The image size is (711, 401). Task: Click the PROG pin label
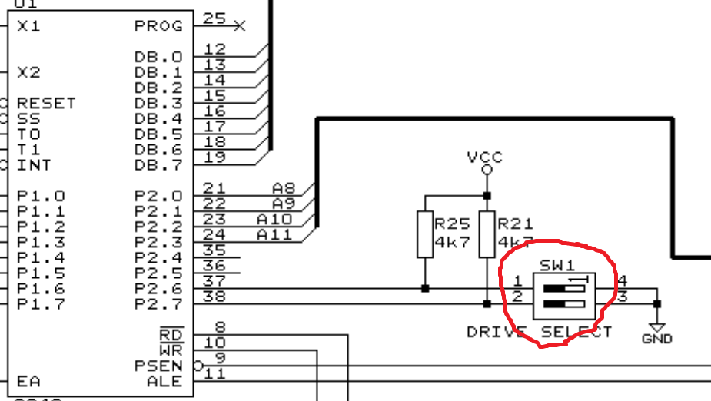(x=158, y=26)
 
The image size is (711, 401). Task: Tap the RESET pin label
(x=46, y=103)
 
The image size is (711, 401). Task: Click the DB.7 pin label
(x=158, y=164)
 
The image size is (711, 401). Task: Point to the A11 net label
(x=274, y=234)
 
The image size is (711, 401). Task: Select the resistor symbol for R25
(x=424, y=234)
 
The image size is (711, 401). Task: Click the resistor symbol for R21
(x=486, y=234)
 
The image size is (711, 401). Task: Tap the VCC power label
(x=485, y=157)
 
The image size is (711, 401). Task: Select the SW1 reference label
(x=557, y=266)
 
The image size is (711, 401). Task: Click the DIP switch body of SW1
(x=566, y=297)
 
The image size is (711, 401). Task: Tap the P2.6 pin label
(x=158, y=288)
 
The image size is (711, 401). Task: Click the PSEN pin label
(x=158, y=366)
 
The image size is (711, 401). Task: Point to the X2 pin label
(x=28, y=72)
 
